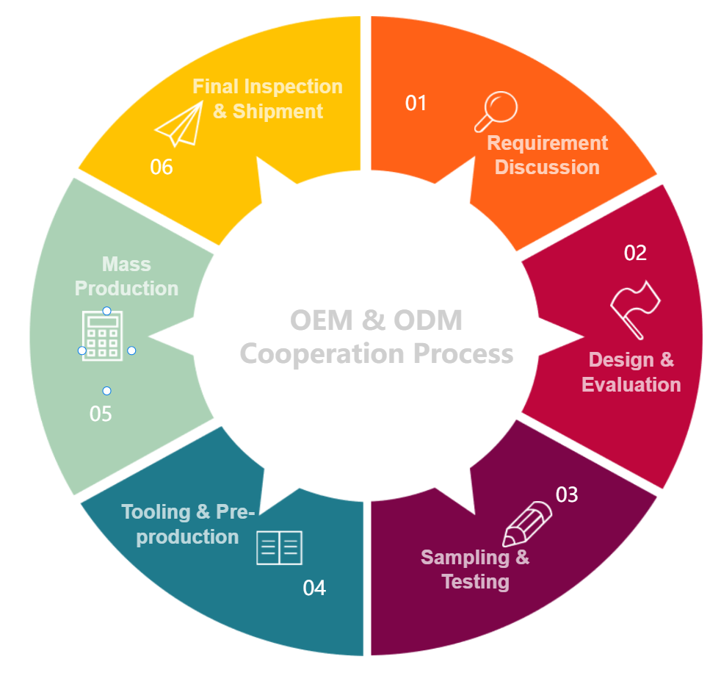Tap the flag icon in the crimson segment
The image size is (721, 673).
[x=636, y=309]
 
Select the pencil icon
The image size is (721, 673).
[x=527, y=522]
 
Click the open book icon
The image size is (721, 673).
[x=279, y=547]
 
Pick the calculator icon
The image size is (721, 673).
[x=103, y=336]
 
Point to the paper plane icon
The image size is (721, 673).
[x=179, y=124]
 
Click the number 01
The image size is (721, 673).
[x=416, y=103]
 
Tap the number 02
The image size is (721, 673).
[x=635, y=253]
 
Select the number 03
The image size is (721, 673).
[x=567, y=494]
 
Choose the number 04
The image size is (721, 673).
[x=314, y=588]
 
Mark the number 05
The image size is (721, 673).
[x=101, y=414]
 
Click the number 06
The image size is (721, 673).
[x=162, y=168]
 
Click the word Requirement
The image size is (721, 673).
[x=548, y=143]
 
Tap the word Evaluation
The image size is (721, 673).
[x=631, y=384]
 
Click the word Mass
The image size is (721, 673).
[x=126, y=264]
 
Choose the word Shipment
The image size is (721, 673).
[x=278, y=111]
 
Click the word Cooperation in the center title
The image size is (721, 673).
[x=322, y=353]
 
